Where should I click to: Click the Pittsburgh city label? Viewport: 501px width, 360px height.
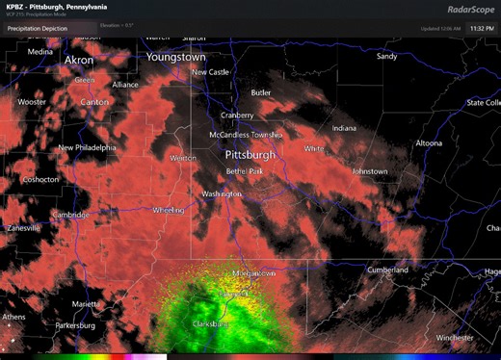[250, 154]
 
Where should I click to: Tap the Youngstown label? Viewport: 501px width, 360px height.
[176, 58]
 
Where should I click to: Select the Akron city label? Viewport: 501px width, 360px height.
[79, 60]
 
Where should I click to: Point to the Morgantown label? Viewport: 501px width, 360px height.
[254, 273]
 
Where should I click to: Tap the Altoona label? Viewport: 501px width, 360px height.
[429, 143]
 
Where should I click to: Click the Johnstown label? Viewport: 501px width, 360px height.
[370, 171]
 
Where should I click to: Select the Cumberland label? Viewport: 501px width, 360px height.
[387, 270]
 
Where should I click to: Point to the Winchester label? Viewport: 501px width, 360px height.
[455, 338]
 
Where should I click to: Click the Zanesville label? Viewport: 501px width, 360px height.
[22, 228]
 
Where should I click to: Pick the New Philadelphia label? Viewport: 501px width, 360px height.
[87, 147]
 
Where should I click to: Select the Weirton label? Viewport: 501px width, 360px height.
[183, 158]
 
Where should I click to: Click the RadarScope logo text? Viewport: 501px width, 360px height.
[470, 10]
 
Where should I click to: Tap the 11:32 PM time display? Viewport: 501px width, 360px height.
[482, 29]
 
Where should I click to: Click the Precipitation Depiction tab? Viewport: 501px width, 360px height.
[38, 29]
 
